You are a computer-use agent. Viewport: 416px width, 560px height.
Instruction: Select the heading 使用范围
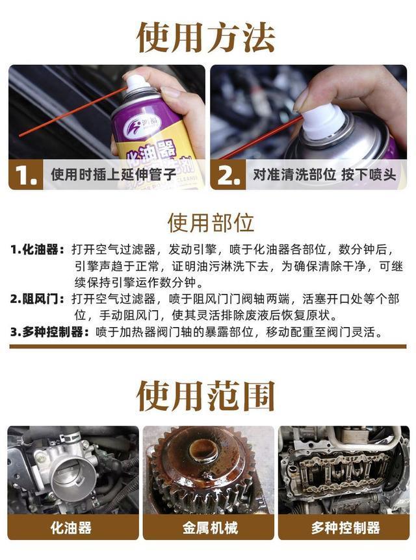207,396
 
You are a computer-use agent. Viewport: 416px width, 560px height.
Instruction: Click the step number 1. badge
26,176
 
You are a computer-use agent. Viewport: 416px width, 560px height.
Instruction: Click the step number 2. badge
228,176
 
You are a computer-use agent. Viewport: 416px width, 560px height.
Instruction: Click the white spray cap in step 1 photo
135,82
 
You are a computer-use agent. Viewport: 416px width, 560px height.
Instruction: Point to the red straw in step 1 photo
71,112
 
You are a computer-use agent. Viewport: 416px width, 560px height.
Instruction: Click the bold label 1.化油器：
38,250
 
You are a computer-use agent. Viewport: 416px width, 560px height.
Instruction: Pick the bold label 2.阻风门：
38,299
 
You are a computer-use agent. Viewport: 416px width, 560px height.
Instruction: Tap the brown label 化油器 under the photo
71,528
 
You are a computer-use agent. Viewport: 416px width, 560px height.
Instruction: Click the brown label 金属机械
208,528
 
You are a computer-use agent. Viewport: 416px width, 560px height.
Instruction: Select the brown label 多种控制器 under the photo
344,528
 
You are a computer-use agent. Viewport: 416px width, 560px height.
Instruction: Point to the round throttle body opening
72,476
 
